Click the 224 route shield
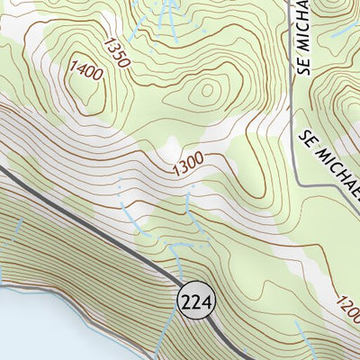[x=197, y=302]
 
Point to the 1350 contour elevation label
[x=117, y=51]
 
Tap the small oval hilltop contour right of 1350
[x=208, y=90]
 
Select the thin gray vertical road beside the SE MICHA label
[x=294, y=90]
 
